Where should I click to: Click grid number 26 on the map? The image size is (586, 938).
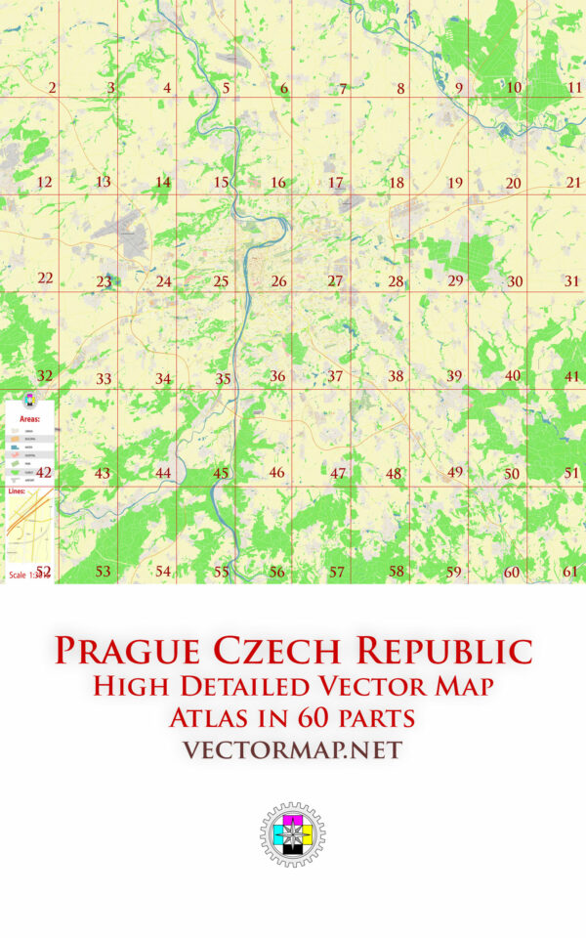[x=279, y=281]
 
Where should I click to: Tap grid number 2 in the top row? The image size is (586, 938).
[x=52, y=89]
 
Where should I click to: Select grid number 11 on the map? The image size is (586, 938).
[x=574, y=88]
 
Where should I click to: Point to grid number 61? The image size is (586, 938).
[x=571, y=572]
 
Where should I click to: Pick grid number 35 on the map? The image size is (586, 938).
[x=224, y=379]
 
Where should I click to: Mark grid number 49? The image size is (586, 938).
[x=455, y=472]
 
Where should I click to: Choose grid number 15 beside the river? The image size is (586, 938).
[x=222, y=183]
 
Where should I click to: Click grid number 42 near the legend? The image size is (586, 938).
[x=44, y=472]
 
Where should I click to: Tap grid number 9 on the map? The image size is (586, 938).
[x=458, y=89]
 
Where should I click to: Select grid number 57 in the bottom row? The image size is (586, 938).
[x=337, y=572]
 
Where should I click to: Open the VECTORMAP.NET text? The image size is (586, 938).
[x=293, y=750]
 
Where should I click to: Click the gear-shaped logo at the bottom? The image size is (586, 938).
[x=292, y=835]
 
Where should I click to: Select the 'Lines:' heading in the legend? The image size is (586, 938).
[x=19, y=491]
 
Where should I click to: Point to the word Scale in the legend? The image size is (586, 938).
[x=19, y=575]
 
